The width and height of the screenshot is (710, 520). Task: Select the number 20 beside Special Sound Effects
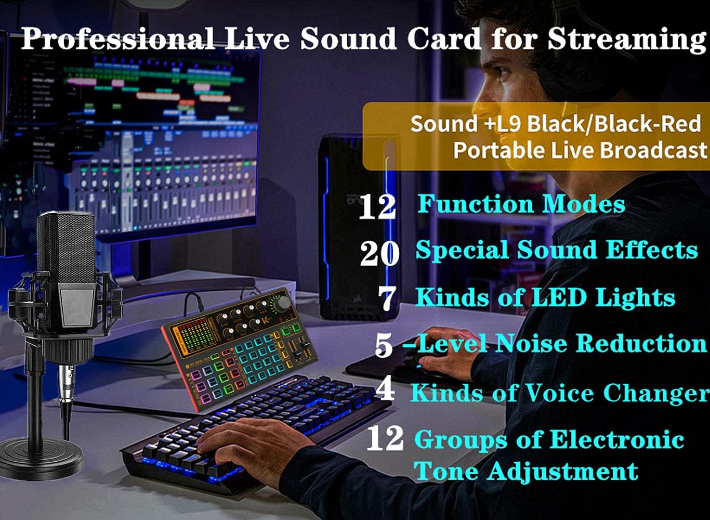pos(379,253)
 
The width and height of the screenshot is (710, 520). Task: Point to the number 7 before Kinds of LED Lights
pos(388,299)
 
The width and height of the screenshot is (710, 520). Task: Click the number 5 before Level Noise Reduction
pos(384,345)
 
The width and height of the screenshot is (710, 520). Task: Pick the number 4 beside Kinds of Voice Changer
pos(385,390)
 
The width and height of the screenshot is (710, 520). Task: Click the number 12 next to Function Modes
pos(377,206)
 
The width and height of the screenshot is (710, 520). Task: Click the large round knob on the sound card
pos(283,303)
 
